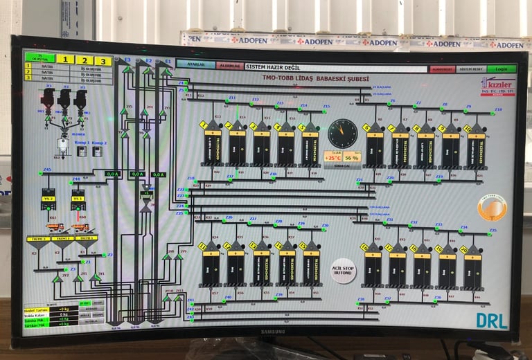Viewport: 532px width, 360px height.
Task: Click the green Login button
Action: coord(501,69)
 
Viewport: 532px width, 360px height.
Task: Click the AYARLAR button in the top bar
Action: coord(191,64)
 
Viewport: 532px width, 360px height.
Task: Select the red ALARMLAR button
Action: coord(229,66)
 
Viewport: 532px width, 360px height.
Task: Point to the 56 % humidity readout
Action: coord(353,157)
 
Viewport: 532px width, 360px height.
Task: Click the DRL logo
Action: coord(492,320)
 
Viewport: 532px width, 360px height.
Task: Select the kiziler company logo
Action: coord(497,87)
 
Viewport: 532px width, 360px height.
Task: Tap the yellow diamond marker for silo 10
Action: coord(466,129)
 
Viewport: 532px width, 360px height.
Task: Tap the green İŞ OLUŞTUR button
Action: coord(39,58)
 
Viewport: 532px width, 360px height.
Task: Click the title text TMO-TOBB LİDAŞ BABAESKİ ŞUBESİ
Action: coord(315,79)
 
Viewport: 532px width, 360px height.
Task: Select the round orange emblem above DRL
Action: coord(492,207)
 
